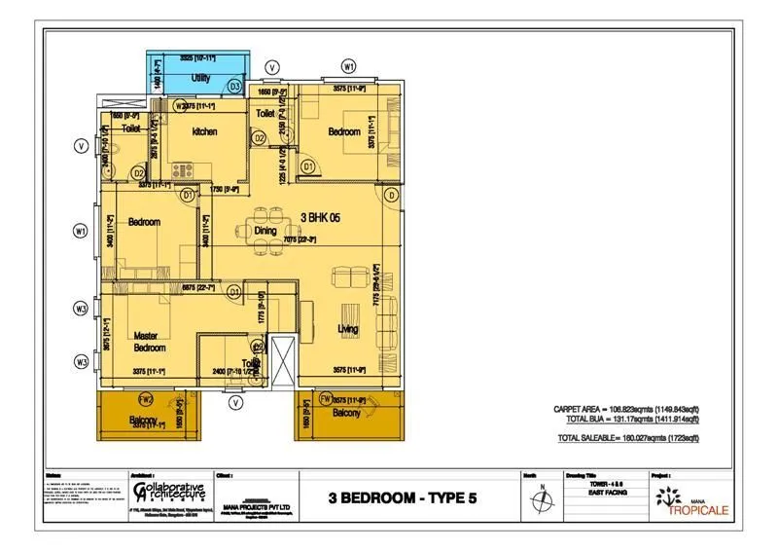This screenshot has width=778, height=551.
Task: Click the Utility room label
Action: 201,77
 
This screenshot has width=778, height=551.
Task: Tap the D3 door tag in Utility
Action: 234,87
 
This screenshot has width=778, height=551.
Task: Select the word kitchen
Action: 204,131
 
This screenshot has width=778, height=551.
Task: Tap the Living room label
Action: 347,329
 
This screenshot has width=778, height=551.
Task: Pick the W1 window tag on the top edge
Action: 349,66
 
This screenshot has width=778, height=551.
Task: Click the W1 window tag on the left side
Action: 82,231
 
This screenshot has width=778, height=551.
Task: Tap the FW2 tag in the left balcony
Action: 145,399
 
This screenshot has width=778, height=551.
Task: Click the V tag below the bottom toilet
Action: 234,401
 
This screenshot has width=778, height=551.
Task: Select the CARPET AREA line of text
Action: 625,409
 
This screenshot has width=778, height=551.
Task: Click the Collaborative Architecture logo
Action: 166,489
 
